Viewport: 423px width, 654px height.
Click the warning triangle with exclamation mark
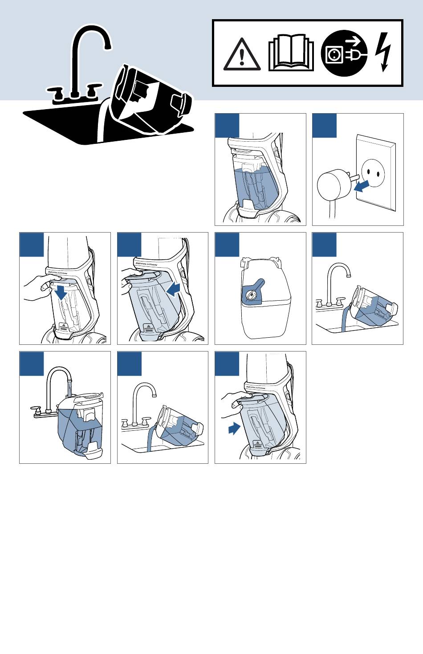242,55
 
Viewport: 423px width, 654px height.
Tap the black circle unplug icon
344,53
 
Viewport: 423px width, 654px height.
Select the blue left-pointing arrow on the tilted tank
174,290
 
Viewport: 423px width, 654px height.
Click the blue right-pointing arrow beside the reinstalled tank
234,429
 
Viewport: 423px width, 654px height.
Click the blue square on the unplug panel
324,126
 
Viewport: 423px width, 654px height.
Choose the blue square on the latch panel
227,245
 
